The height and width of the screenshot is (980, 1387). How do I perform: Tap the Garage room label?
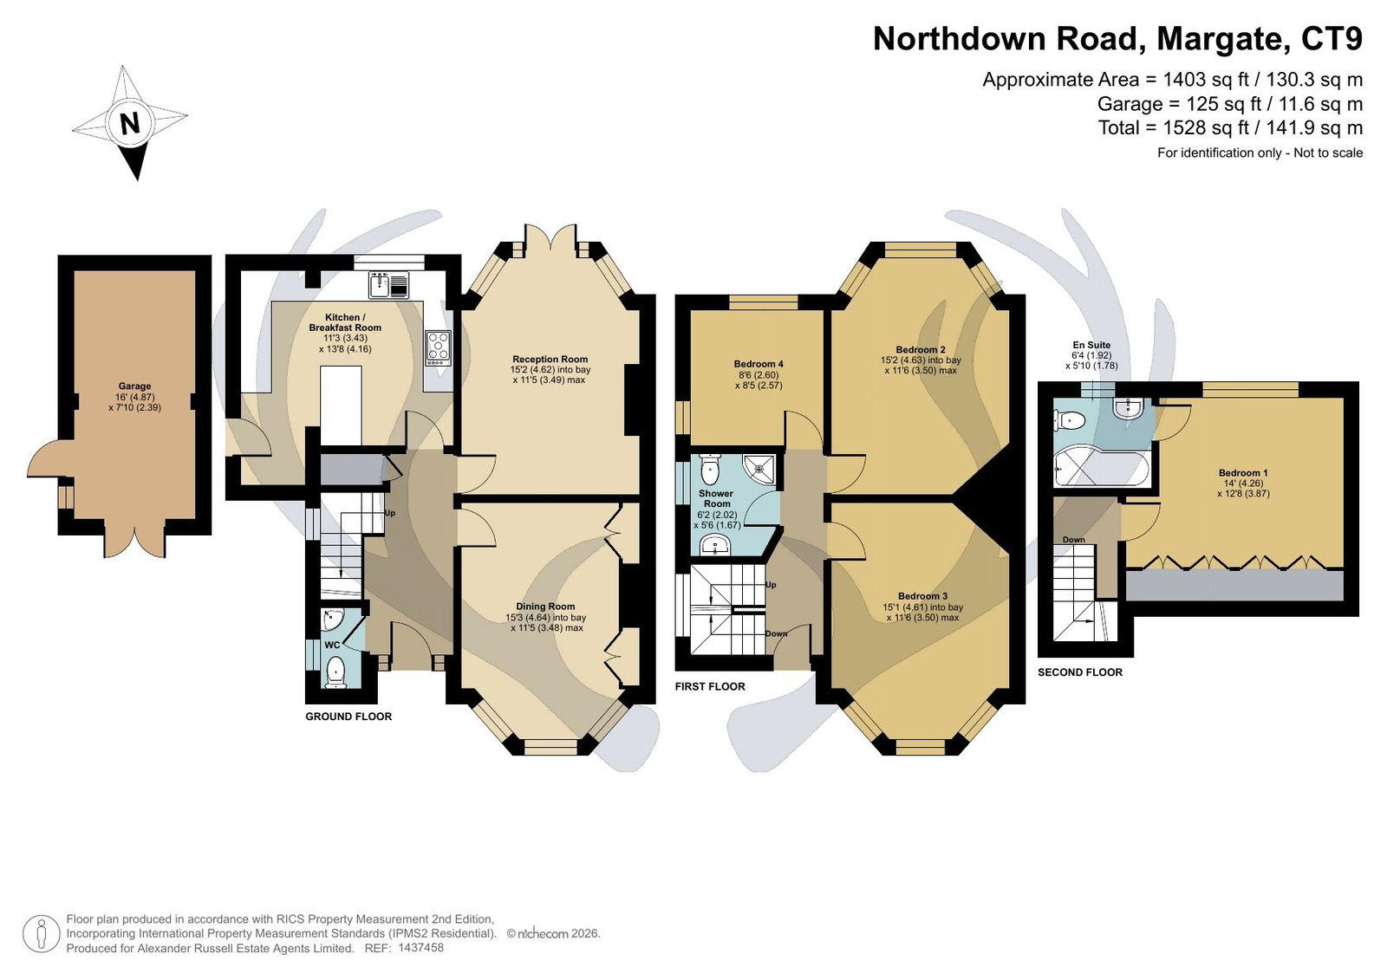(134, 386)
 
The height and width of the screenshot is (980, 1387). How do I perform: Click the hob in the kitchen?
(439, 347)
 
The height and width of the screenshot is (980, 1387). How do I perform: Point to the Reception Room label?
(550, 359)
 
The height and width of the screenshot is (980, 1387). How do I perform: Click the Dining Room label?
(545, 607)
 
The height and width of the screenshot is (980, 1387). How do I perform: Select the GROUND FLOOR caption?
(348, 717)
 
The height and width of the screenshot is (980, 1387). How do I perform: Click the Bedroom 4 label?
(759, 364)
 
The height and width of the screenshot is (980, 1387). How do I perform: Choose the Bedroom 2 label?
(920, 350)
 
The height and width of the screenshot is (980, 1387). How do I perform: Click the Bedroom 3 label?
(922, 597)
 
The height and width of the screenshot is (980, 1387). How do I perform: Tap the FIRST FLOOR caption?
(710, 686)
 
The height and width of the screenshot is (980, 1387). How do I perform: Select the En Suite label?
(1091, 345)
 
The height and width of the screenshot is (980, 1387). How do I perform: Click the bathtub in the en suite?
(1101, 467)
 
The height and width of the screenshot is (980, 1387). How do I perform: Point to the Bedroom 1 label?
(1243, 474)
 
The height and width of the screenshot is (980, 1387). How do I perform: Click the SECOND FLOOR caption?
(1080, 672)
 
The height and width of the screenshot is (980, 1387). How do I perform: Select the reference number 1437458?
(421, 948)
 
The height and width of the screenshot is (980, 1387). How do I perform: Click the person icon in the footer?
(41, 934)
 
